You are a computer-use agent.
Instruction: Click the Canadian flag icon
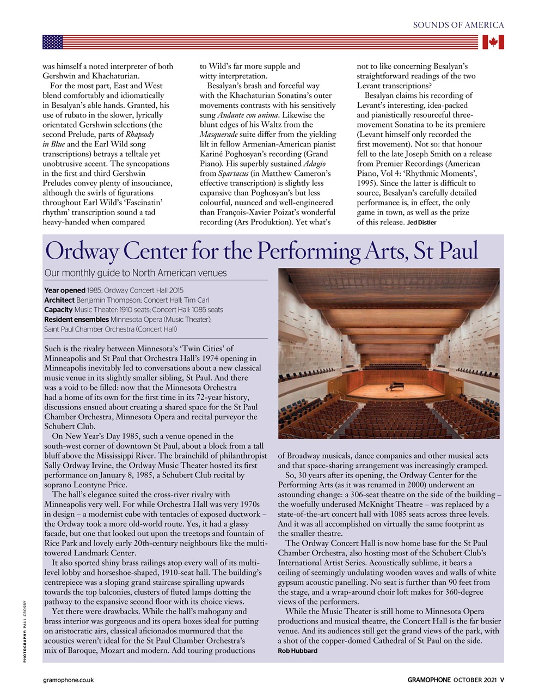click(x=493, y=42)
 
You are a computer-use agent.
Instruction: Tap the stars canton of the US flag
click(x=53, y=42)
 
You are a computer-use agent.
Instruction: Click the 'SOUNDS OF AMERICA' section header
click(x=458, y=25)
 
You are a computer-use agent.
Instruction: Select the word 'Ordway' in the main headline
click(x=83, y=251)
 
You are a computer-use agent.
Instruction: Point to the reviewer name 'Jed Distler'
click(x=421, y=222)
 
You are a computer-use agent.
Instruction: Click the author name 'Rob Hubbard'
click(x=297, y=651)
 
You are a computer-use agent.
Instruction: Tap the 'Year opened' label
click(x=64, y=290)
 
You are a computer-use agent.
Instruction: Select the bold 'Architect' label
click(x=59, y=300)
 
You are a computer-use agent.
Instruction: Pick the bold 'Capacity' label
click(x=58, y=310)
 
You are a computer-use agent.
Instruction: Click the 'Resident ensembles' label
click(x=76, y=320)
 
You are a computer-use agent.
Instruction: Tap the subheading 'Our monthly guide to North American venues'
click(x=135, y=273)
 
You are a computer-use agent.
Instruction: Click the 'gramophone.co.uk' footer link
click(x=69, y=680)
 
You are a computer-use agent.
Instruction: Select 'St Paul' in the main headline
click(x=446, y=251)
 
